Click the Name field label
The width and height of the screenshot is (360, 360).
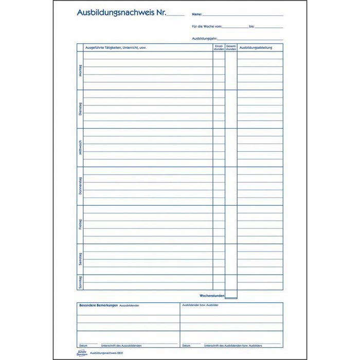[x=196, y=15]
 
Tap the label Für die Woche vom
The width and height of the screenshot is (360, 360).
[x=207, y=26]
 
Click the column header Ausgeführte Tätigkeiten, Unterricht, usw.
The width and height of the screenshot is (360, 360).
[x=115, y=48]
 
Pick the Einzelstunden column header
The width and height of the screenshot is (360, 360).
[x=219, y=48]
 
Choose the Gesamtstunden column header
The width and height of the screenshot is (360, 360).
[x=231, y=48]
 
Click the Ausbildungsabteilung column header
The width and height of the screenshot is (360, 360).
[x=256, y=48]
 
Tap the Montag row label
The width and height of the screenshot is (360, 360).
[x=80, y=71]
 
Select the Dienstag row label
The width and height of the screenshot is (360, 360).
[x=80, y=109]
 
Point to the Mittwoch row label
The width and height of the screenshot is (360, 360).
[x=80, y=148]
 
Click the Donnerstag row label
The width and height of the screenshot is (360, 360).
[x=80, y=186]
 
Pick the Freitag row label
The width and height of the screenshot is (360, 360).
[x=80, y=225]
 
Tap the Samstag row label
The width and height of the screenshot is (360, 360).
[x=80, y=259]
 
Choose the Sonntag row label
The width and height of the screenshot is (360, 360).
[x=80, y=282]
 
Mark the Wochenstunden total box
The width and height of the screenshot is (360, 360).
[x=231, y=295]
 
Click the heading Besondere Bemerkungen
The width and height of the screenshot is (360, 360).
[x=98, y=305]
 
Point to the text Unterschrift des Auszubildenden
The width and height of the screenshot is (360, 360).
[x=122, y=345]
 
